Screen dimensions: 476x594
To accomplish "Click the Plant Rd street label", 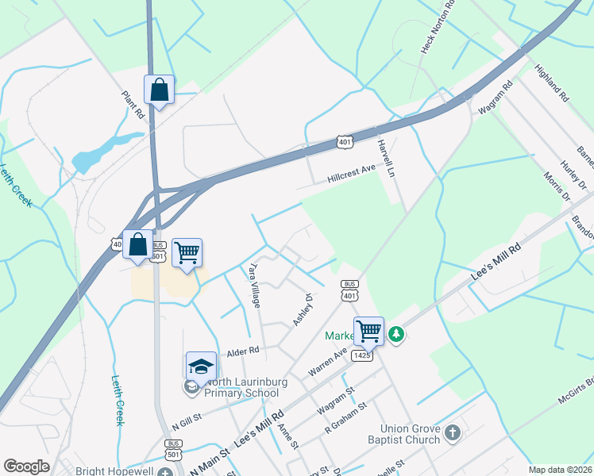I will click(x=133, y=104).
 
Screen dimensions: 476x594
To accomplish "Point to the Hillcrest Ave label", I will click(x=351, y=175).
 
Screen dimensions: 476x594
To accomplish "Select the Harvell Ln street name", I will click(x=386, y=157).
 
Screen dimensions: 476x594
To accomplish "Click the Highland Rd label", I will click(x=553, y=83).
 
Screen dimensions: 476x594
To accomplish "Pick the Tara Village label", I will click(x=255, y=286).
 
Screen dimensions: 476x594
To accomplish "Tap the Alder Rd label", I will click(x=244, y=350).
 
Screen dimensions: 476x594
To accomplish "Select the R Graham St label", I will click(x=345, y=418).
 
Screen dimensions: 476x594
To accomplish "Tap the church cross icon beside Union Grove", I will click(x=452, y=433).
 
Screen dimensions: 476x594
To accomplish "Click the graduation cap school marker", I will click(x=202, y=367).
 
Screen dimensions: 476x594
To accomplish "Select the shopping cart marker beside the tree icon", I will click(x=369, y=331).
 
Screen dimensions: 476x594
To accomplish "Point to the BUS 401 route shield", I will click(x=349, y=290).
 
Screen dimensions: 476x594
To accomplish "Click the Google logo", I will click(x=26, y=466).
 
